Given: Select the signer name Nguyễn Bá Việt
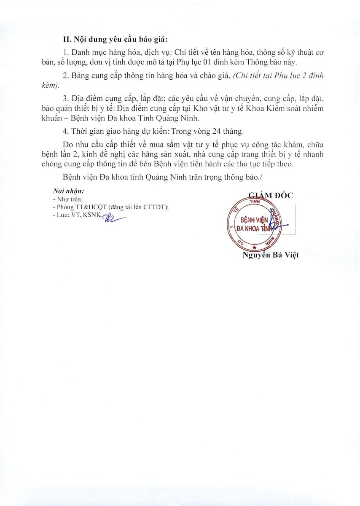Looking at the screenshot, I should (271, 255).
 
